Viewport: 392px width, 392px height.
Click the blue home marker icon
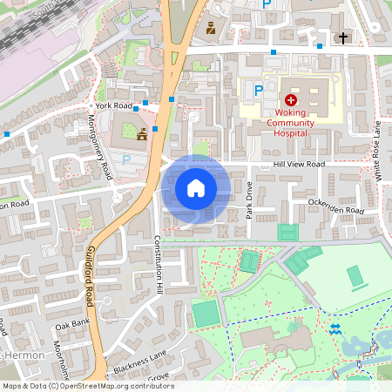196,188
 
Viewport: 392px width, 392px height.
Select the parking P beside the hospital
258,90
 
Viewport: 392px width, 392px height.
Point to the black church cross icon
343,37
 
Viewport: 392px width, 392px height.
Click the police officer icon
210,30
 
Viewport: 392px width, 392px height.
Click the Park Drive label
248,199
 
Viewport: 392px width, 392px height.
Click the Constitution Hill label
159,262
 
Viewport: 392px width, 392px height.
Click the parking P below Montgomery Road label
126,159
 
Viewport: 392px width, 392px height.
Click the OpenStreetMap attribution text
88,386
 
